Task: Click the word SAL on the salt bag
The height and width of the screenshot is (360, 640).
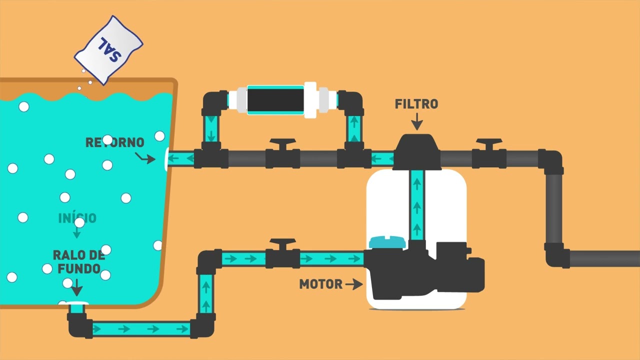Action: [109, 49]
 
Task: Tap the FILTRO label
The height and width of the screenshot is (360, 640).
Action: [416, 104]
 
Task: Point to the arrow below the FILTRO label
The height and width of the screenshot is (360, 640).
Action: [417, 121]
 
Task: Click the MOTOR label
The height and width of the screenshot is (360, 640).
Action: [320, 284]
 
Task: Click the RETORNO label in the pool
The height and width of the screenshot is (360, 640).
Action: [115, 142]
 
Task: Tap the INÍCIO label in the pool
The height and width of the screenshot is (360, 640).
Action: [77, 218]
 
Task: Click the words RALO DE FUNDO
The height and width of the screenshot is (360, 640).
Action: [79, 262]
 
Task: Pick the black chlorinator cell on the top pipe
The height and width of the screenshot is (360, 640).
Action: [275, 100]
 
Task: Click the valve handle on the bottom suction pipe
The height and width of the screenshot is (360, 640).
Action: [283, 243]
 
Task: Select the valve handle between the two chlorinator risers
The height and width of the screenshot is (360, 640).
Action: [283, 143]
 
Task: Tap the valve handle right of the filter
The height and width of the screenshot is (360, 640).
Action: [489, 143]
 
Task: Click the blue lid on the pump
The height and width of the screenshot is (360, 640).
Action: [387, 242]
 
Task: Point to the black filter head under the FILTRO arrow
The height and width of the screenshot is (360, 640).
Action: [417, 151]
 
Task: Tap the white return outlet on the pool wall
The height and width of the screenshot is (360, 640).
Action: [166, 159]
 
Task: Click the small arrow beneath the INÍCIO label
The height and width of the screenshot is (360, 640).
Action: [76, 232]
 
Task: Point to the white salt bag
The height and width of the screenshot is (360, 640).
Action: [108, 50]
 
